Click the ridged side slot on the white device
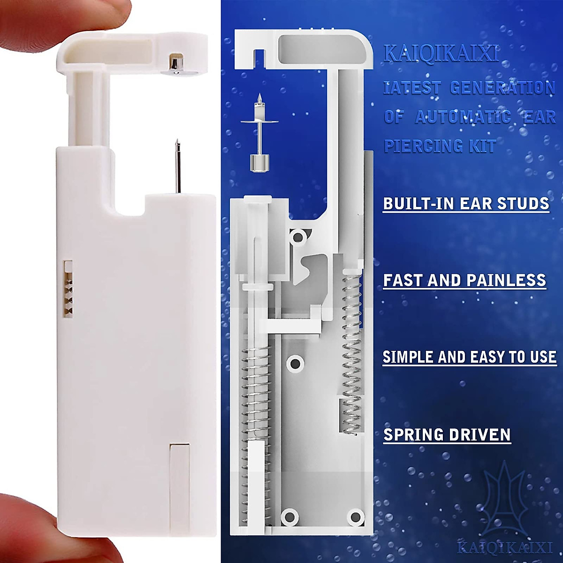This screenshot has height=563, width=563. [x=69, y=289]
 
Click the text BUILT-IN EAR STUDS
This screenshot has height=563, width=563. [x=466, y=204]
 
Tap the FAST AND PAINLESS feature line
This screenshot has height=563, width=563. [x=464, y=281]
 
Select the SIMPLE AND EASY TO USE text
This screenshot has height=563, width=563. [x=470, y=358]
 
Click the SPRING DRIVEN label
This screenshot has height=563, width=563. [x=447, y=435]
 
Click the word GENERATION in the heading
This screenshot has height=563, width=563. [x=502, y=88]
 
